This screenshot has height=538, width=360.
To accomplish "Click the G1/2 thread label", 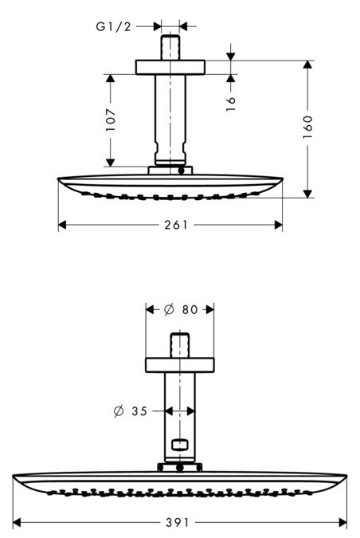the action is point(113,27).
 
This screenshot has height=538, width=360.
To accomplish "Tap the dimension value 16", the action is point(232,104).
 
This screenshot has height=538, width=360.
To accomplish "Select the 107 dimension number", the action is point(111,120).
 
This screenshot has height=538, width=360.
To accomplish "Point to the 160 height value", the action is point(308,128).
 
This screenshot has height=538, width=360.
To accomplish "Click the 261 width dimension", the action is point(176,225).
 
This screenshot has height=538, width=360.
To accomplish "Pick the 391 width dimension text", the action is point(178,523).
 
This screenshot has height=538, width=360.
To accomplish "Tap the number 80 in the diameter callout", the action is point(190,310).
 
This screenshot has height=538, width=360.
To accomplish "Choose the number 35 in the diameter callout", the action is point(139,411).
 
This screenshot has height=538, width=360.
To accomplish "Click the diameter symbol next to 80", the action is point(169,310).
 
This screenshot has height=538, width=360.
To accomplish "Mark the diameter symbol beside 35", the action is point(119,411).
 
